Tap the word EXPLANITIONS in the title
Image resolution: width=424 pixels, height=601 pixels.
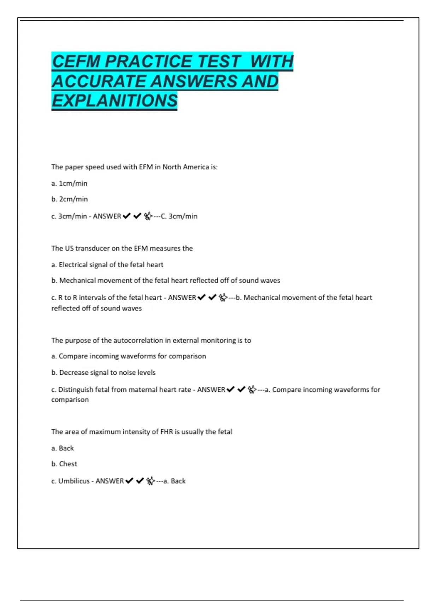click(114, 101)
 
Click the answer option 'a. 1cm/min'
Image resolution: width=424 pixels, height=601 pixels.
click(69, 183)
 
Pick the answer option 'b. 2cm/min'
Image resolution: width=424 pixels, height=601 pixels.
click(70, 199)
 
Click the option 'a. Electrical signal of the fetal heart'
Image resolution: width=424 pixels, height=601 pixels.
click(107, 264)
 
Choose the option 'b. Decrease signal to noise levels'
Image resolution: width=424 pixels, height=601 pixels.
click(103, 372)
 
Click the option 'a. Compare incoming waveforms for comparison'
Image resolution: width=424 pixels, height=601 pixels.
click(129, 356)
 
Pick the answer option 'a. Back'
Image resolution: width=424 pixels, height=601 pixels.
click(63, 448)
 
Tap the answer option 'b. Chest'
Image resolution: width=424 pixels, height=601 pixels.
click(64, 464)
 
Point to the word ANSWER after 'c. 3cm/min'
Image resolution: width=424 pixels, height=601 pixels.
click(107, 216)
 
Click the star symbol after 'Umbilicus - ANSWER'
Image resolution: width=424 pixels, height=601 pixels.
click(151, 481)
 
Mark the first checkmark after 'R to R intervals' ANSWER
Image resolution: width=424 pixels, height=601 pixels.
click(201, 298)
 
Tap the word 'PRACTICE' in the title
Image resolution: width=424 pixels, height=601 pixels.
click(147, 62)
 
